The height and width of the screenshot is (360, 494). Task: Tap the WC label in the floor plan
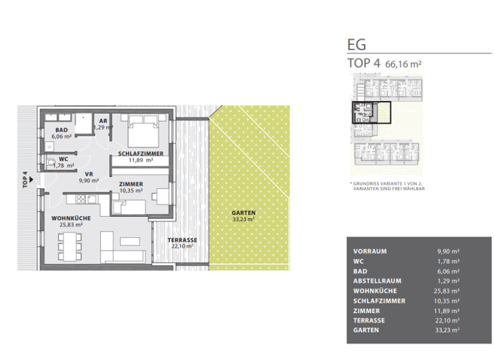63,159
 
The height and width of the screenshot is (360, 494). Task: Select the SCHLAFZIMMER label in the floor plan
140,154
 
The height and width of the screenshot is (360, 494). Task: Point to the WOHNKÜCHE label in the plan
71,218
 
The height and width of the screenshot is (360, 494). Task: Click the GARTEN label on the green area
244,213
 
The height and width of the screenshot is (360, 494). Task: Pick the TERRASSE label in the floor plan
182,240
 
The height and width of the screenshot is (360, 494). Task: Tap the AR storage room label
103,120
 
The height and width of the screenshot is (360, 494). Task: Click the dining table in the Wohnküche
71,245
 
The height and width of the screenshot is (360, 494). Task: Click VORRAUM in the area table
370,251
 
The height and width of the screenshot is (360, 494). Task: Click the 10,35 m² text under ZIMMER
131,191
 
